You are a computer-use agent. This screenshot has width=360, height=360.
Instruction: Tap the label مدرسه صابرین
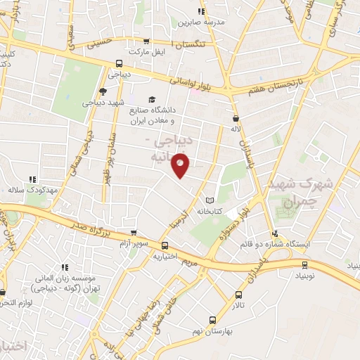(x=203, y=22)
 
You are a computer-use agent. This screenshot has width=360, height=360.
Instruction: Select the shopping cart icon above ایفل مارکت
(x=146, y=41)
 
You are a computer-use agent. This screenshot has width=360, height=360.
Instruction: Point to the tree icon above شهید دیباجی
(x=103, y=91)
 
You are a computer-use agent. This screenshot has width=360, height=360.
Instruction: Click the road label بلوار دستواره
(x=235, y=224)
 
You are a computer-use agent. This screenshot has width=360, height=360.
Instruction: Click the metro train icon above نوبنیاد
(x=304, y=266)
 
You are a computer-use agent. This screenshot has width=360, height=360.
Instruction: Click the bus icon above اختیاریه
(x=165, y=245)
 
